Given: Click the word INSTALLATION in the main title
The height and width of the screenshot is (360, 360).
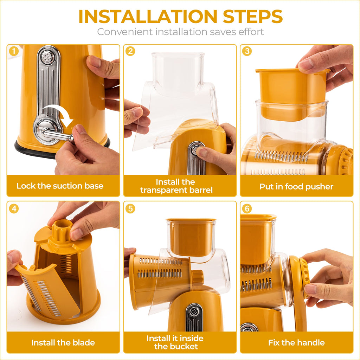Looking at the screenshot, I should tap(147, 16).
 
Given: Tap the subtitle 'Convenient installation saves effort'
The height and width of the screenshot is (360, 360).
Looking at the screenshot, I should tap(180, 32).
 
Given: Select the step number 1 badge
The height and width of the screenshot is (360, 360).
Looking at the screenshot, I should tap(13, 51).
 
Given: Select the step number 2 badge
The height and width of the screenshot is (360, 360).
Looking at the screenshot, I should tap(130, 51).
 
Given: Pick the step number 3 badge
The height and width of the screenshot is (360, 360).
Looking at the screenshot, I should tap(247, 51).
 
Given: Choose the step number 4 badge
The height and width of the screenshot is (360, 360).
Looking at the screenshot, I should tap(13, 208).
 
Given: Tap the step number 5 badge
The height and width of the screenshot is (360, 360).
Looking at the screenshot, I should tap(130, 208).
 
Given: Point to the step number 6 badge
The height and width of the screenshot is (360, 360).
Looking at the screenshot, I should tap(247, 208).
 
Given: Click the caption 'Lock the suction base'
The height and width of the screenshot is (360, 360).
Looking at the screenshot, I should tap(60, 186).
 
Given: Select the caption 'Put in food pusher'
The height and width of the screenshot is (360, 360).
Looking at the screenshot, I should tap(296, 186).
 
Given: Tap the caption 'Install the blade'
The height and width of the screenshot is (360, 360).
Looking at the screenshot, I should tap(63, 342).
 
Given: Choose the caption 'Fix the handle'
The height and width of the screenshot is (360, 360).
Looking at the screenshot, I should tap(296, 342).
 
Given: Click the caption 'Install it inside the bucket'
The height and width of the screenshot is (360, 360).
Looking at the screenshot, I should tap(175, 342).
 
